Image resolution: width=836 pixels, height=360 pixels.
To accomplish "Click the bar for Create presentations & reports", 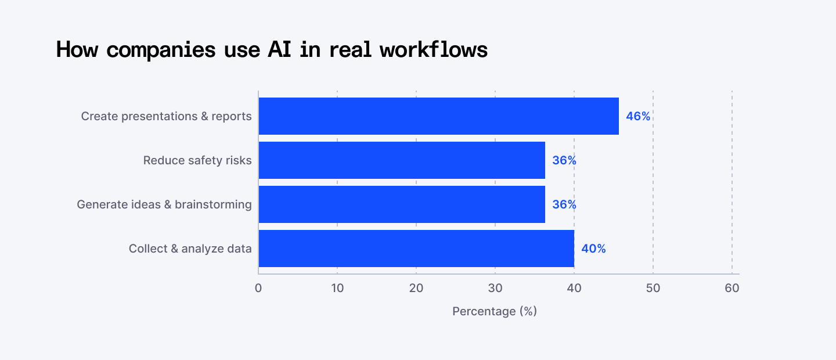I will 438,116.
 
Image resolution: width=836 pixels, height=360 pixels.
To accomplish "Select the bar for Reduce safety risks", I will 402,160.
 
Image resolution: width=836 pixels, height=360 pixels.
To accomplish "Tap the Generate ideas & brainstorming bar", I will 402,204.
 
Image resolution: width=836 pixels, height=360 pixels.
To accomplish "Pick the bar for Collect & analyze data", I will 416,249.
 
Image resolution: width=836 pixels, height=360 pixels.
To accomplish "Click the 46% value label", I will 638,116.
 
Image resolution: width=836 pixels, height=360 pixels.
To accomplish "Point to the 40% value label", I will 593,249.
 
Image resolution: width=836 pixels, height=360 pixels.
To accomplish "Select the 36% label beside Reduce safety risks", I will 564,160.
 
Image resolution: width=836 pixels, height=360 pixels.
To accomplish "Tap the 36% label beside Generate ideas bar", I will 564,204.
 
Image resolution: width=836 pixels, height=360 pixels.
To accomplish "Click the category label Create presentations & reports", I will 166,116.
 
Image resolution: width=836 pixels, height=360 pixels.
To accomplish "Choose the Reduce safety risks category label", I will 197,160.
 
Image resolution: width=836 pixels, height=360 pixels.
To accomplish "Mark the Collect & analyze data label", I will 190,249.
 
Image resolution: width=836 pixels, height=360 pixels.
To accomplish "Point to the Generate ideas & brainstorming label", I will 164,204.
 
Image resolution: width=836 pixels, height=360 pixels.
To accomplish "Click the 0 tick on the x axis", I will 258,287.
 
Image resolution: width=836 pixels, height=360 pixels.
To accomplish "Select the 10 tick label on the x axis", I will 337,287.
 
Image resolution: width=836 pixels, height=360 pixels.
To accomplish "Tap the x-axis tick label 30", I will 495,287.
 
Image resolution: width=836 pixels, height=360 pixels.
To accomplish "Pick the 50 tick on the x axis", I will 653,287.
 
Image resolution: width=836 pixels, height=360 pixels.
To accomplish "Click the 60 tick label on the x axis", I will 732,287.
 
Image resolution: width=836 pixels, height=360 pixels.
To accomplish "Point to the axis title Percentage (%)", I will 495,311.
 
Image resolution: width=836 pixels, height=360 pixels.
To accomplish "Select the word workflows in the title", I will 434,50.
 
